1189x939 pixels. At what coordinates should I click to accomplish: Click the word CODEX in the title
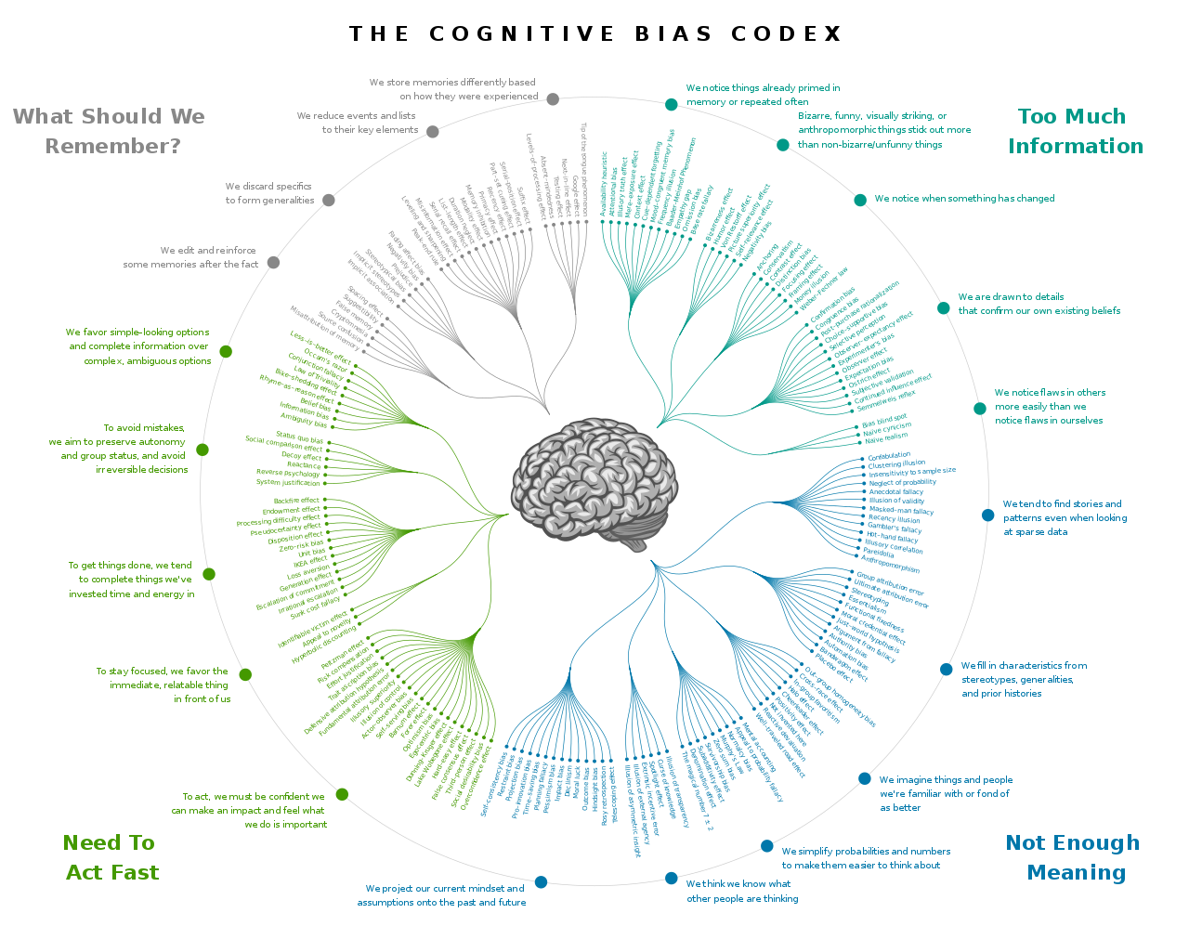pyautogui.click(x=786, y=34)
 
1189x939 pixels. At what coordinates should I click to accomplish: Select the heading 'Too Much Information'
pyautogui.click(x=1074, y=131)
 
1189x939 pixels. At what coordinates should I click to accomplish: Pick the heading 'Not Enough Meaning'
pyautogui.click(x=1073, y=857)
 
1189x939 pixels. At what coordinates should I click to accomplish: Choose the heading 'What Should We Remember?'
pyautogui.click(x=110, y=131)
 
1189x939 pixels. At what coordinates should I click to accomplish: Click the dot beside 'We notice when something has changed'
pyautogui.click(x=860, y=200)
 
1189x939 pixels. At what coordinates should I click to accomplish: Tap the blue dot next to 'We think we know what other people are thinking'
pyautogui.click(x=671, y=879)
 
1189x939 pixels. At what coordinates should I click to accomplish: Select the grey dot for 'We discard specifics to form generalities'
pyautogui.click(x=328, y=200)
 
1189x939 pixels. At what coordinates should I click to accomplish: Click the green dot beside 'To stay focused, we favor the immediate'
pyautogui.click(x=245, y=674)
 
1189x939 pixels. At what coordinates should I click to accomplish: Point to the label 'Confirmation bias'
pyautogui.click(x=833, y=310)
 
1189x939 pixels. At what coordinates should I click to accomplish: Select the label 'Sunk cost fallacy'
pyautogui.click(x=316, y=606)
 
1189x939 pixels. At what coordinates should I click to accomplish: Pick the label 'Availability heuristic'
pyautogui.click(x=605, y=186)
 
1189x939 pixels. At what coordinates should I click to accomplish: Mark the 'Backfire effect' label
pyautogui.click(x=296, y=501)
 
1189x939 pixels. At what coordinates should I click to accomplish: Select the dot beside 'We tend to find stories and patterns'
pyautogui.click(x=987, y=515)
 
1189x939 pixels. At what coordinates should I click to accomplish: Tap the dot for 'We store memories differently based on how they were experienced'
pyautogui.click(x=553, y=99)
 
